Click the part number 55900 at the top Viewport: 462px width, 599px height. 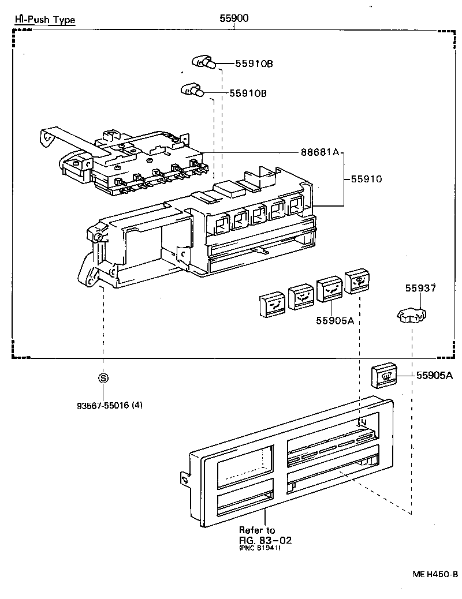coord(234,18)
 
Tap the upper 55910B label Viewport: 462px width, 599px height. coord(254,64)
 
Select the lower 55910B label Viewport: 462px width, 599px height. coord(248,93)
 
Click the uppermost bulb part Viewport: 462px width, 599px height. coord(204,62)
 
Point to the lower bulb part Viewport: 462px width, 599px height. coord(192,90)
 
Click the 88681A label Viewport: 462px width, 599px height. coord(319,153)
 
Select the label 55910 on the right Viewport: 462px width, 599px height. coord(367,179)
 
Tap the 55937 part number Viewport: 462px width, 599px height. coord(420,287)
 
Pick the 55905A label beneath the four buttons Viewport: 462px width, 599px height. coord(335,320)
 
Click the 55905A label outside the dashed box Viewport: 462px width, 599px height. coord(434,376)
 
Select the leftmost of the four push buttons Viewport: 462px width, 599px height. coord(272,304)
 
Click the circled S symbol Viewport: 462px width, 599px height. coord(103,378)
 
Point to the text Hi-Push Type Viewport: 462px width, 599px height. coord(44,20)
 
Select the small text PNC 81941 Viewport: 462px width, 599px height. coord(259,548)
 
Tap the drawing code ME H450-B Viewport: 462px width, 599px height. coord(435,574)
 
